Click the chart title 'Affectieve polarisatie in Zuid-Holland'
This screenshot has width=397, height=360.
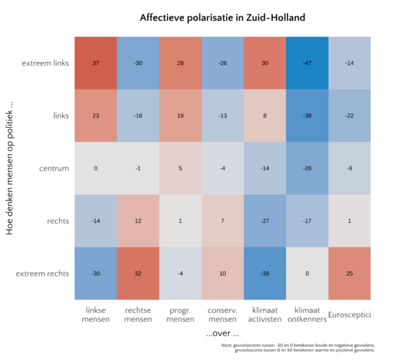pyautogui.click(x=222, y=17)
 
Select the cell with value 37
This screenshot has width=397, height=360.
pyautogui.click(x=96, y=63)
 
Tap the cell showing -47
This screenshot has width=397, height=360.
pyautogui.click(x=307, y=63)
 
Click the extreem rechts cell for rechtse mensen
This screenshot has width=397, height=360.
pyautogui.click(x=138, y=273)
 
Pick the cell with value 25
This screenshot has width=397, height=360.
pyautogui.click(x=349, y=273)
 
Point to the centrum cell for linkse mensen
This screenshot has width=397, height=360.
pyautogui.click(x=96, y=168)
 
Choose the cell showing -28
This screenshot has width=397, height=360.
pyautogui.click(x=307, y=168)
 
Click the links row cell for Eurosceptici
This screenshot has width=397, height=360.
pyautogui.click(x=349, y=115)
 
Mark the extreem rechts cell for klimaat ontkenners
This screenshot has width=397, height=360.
pyautogui.click(x=307, y=273)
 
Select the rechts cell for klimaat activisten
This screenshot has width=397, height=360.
pyautogui.click(x=265, y=221)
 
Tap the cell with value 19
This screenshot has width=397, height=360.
pyautogui.click(x=180, y=115)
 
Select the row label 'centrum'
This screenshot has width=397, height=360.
pyautogui.click(x=54, y=168)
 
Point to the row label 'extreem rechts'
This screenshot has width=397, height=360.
pyautogui.click(x=43, y=273)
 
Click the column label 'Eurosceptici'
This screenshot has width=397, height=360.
pyautogui.click(x=349, y=315)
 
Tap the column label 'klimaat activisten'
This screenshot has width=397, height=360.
pyautogui.click(x=265, y=315)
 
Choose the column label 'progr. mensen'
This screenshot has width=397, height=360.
pyautogui.click(x=180, y=315)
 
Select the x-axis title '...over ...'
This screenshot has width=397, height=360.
pyautogui.click(x=222, y=334)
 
